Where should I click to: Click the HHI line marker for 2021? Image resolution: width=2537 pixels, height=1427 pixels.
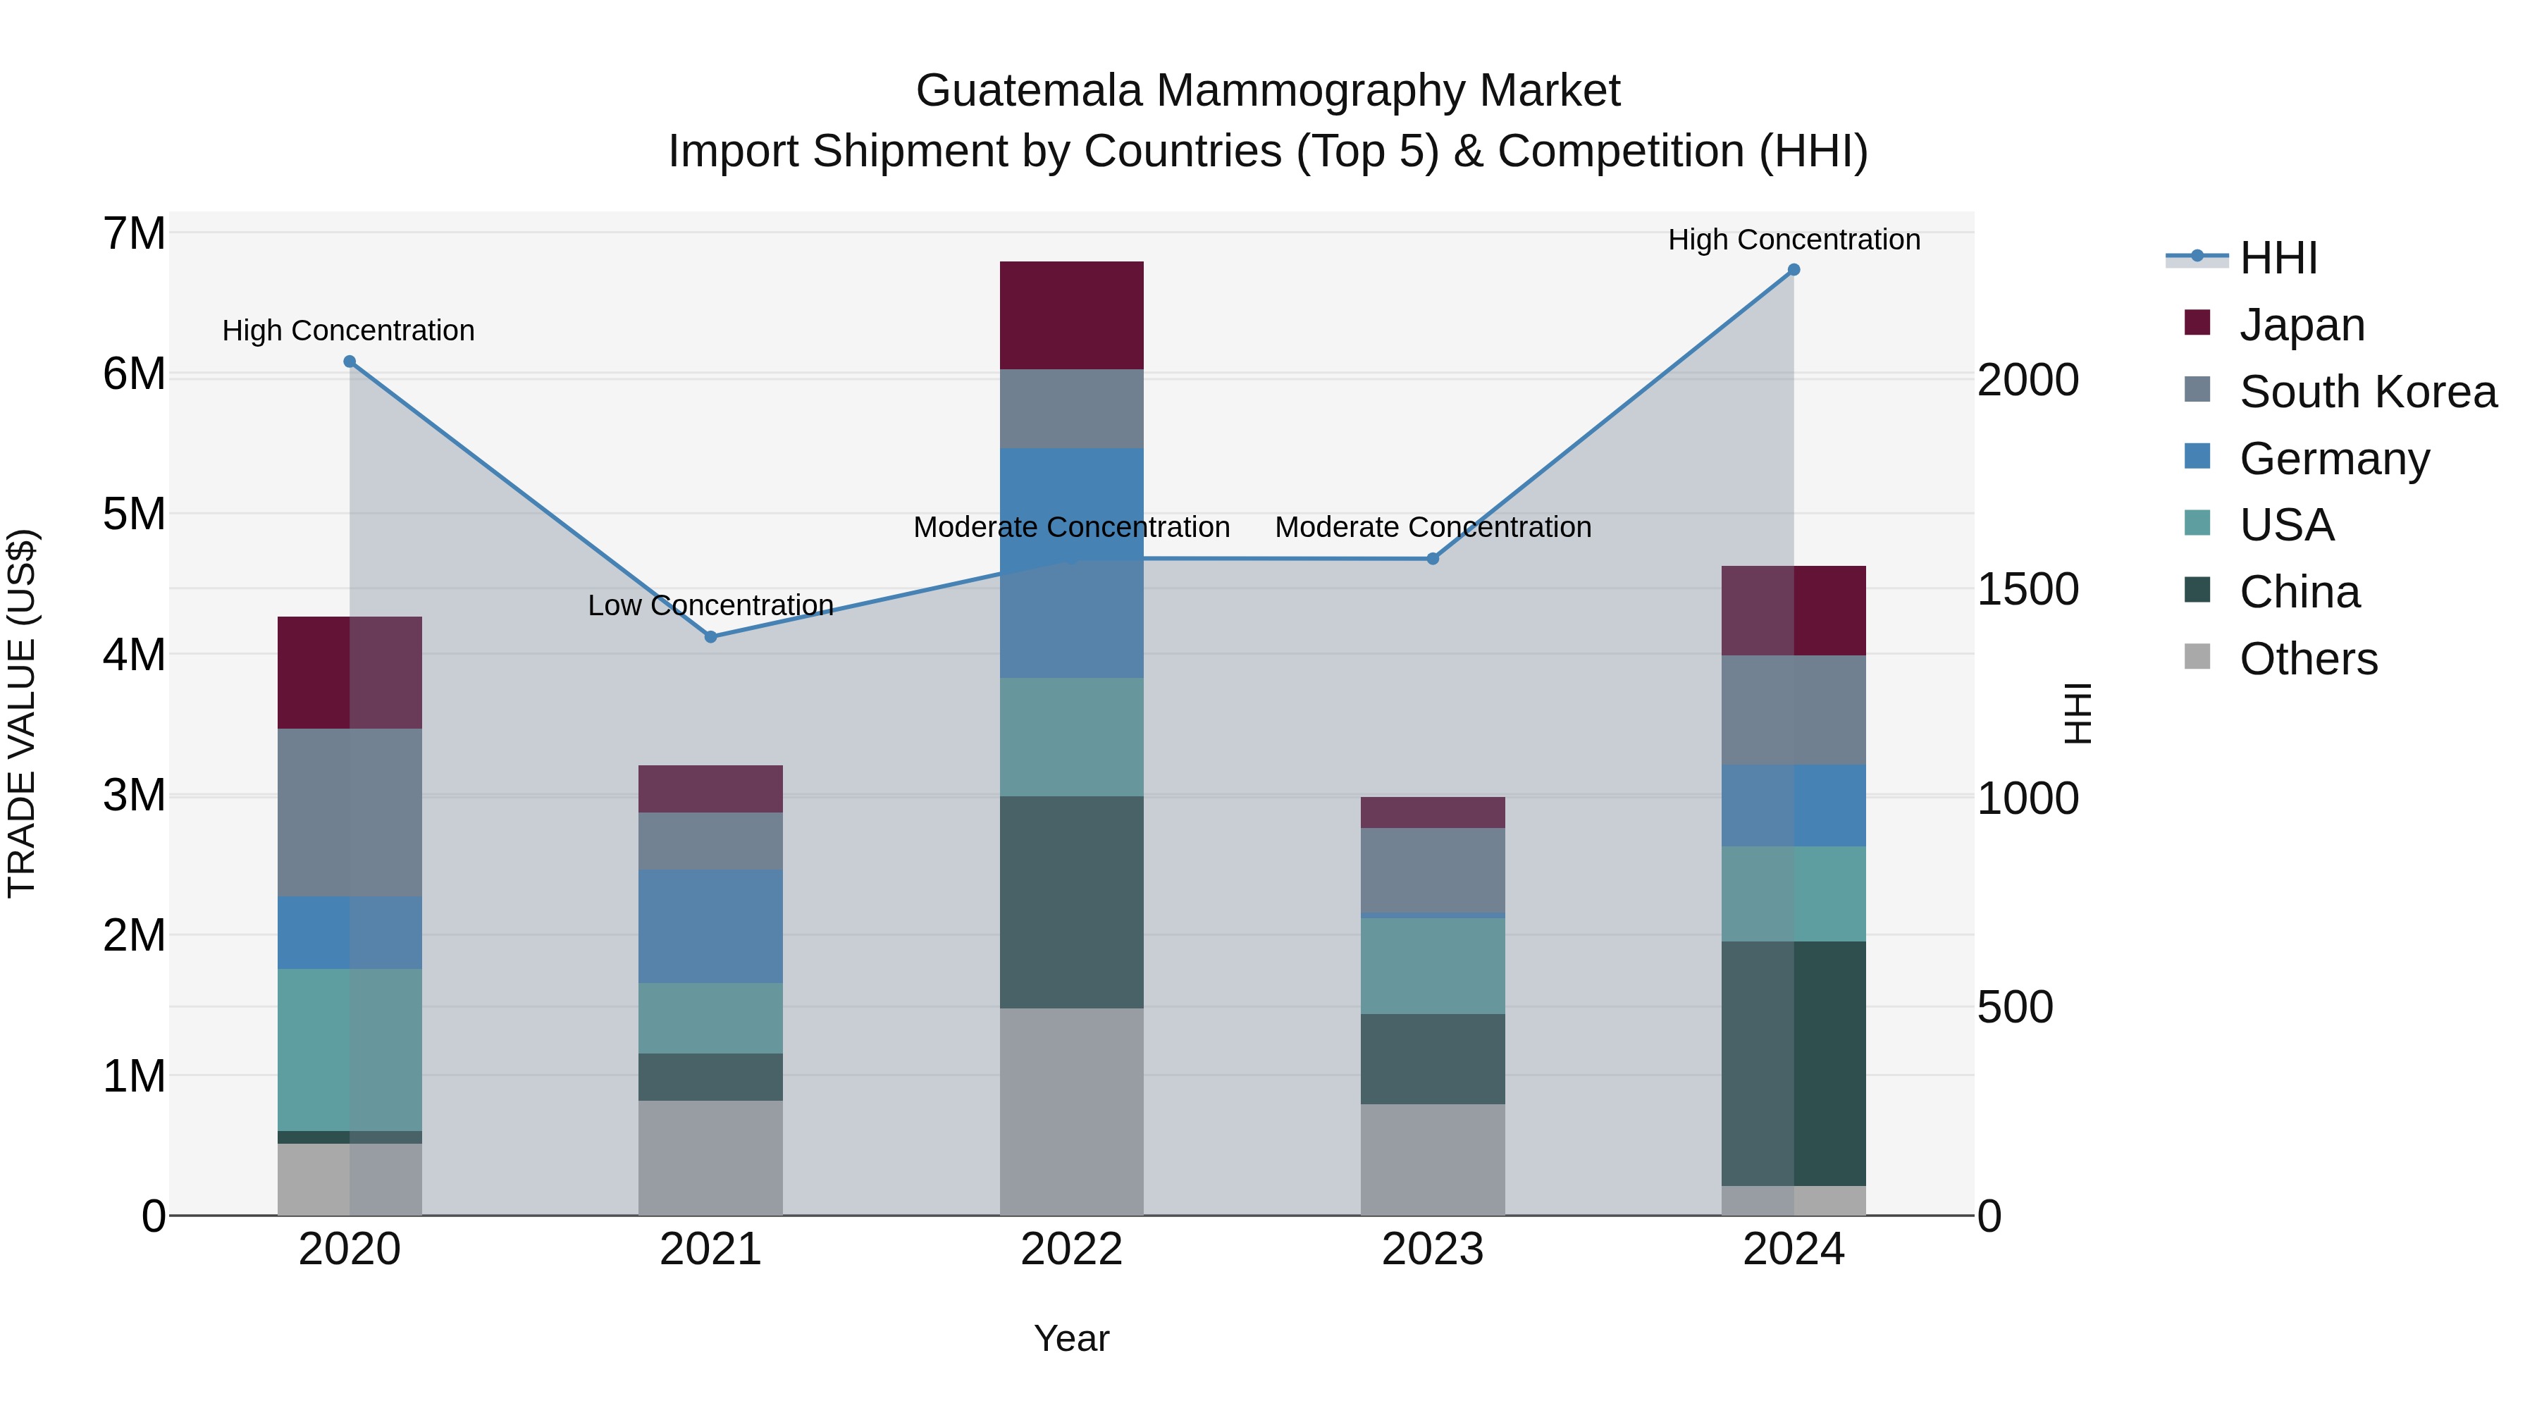[x=710, y=636]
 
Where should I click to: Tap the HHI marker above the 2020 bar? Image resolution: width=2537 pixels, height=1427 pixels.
[x=349, y=362]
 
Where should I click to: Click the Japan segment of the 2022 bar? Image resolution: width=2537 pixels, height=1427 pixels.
[x=1070, y=315]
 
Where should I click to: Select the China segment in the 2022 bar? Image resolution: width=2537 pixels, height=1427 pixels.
[x=1070, y=901]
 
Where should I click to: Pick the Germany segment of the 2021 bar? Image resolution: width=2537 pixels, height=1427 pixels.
[x=710, y=926]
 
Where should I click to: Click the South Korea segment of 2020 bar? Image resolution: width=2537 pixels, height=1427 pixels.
[x=349, y=812]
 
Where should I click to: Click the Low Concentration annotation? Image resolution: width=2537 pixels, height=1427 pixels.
[x=710, y=605]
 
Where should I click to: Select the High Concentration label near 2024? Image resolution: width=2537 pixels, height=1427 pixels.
[x=1794, y=240]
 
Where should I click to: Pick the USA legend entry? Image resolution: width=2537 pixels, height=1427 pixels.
[x=2286, y=525]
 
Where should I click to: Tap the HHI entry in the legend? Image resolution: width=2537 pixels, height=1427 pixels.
[x=2278, y=258]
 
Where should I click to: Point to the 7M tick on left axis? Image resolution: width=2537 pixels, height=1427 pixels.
[x=134, y=235]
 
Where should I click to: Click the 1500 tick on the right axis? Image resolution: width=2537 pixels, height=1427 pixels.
[x=2027, y=589]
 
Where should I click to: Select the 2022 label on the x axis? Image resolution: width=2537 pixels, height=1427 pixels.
[x=1070, y=1249]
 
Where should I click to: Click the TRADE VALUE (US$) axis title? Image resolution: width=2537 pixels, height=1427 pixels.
[x=22, y=713]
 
